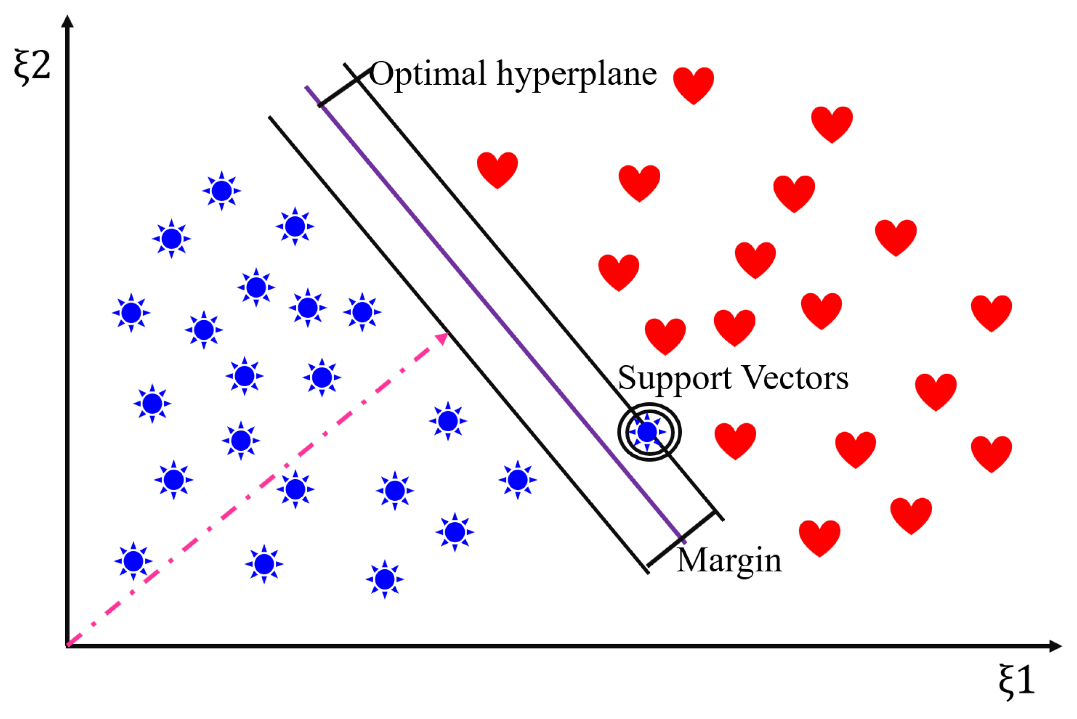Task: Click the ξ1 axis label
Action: tap(1017, 680)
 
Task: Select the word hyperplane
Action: tap(576, 75)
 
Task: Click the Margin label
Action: tap(729, 560)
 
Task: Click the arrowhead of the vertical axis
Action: tap(68, 21)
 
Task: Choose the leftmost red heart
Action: tap(497, 169)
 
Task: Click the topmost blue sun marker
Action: tap(222, 191)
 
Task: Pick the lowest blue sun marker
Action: tap(385, 580)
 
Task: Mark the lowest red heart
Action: tap(819, 538)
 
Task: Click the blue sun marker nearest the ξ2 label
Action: tap(171, 239)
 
